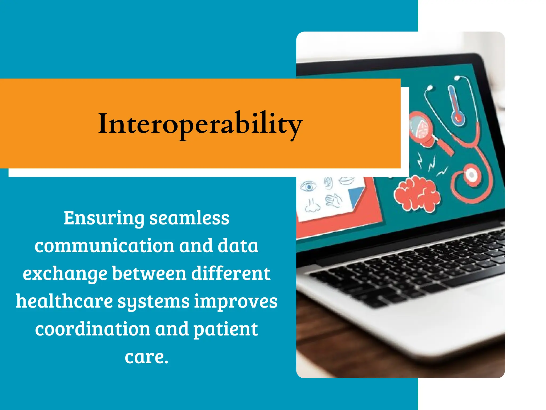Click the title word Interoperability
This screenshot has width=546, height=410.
point(200,124)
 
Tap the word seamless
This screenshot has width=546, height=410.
point(189,218)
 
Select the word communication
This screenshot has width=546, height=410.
point(104,246)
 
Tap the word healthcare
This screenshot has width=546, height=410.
point(64,301)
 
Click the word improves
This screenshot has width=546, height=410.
point(235,302)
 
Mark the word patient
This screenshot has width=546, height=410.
point(226,330)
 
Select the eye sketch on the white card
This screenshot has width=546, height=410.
point(308,186)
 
